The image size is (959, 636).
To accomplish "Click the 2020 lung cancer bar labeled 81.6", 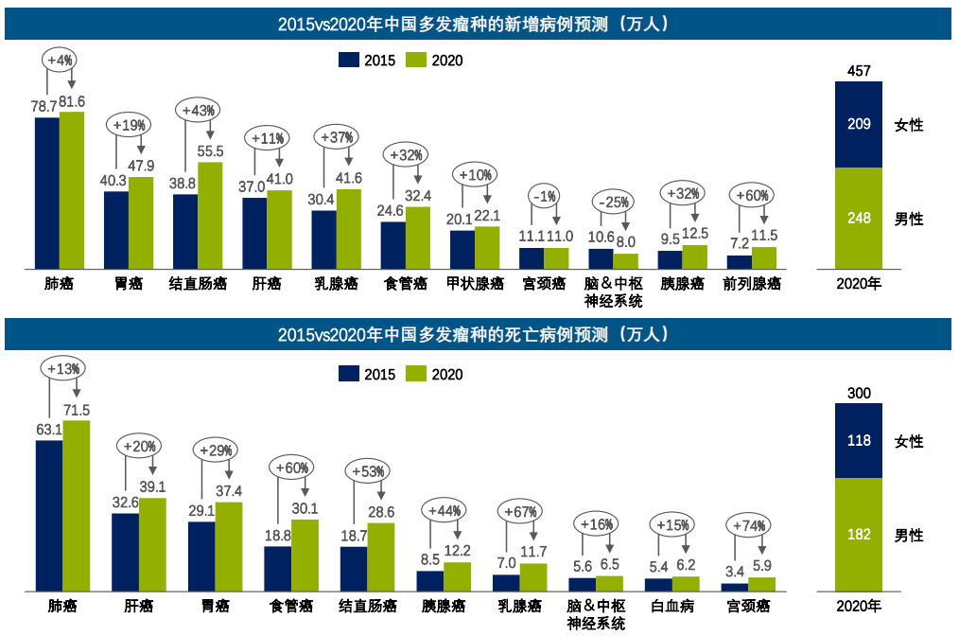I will (72, 190).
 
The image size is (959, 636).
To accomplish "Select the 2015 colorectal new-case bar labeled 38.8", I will (185, 231).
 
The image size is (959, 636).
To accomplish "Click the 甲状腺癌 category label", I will (475, 283).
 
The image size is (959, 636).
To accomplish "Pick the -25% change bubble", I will (612, 202).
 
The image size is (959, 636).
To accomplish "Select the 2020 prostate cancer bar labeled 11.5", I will (764, 257).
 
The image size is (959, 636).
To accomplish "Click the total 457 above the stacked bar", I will (859, 71).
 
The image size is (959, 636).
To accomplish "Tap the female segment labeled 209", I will (859, 124).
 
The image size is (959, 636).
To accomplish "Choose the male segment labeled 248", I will (859, 219).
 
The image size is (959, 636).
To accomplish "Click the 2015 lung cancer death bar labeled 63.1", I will (49, 516).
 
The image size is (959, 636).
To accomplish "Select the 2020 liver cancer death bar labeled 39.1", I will (152, 544).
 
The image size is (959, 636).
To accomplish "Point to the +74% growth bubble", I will (748, 526).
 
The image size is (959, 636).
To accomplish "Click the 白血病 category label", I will (673, 606).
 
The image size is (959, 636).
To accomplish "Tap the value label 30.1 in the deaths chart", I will (305, 509).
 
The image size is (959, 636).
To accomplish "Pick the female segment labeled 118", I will (859, 441).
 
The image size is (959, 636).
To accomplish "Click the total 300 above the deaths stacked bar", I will (859, 394).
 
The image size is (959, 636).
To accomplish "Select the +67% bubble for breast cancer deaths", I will (521, 510).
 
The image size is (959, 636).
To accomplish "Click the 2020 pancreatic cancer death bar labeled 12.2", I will (457, 576).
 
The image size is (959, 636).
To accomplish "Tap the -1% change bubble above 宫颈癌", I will (544, 196).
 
